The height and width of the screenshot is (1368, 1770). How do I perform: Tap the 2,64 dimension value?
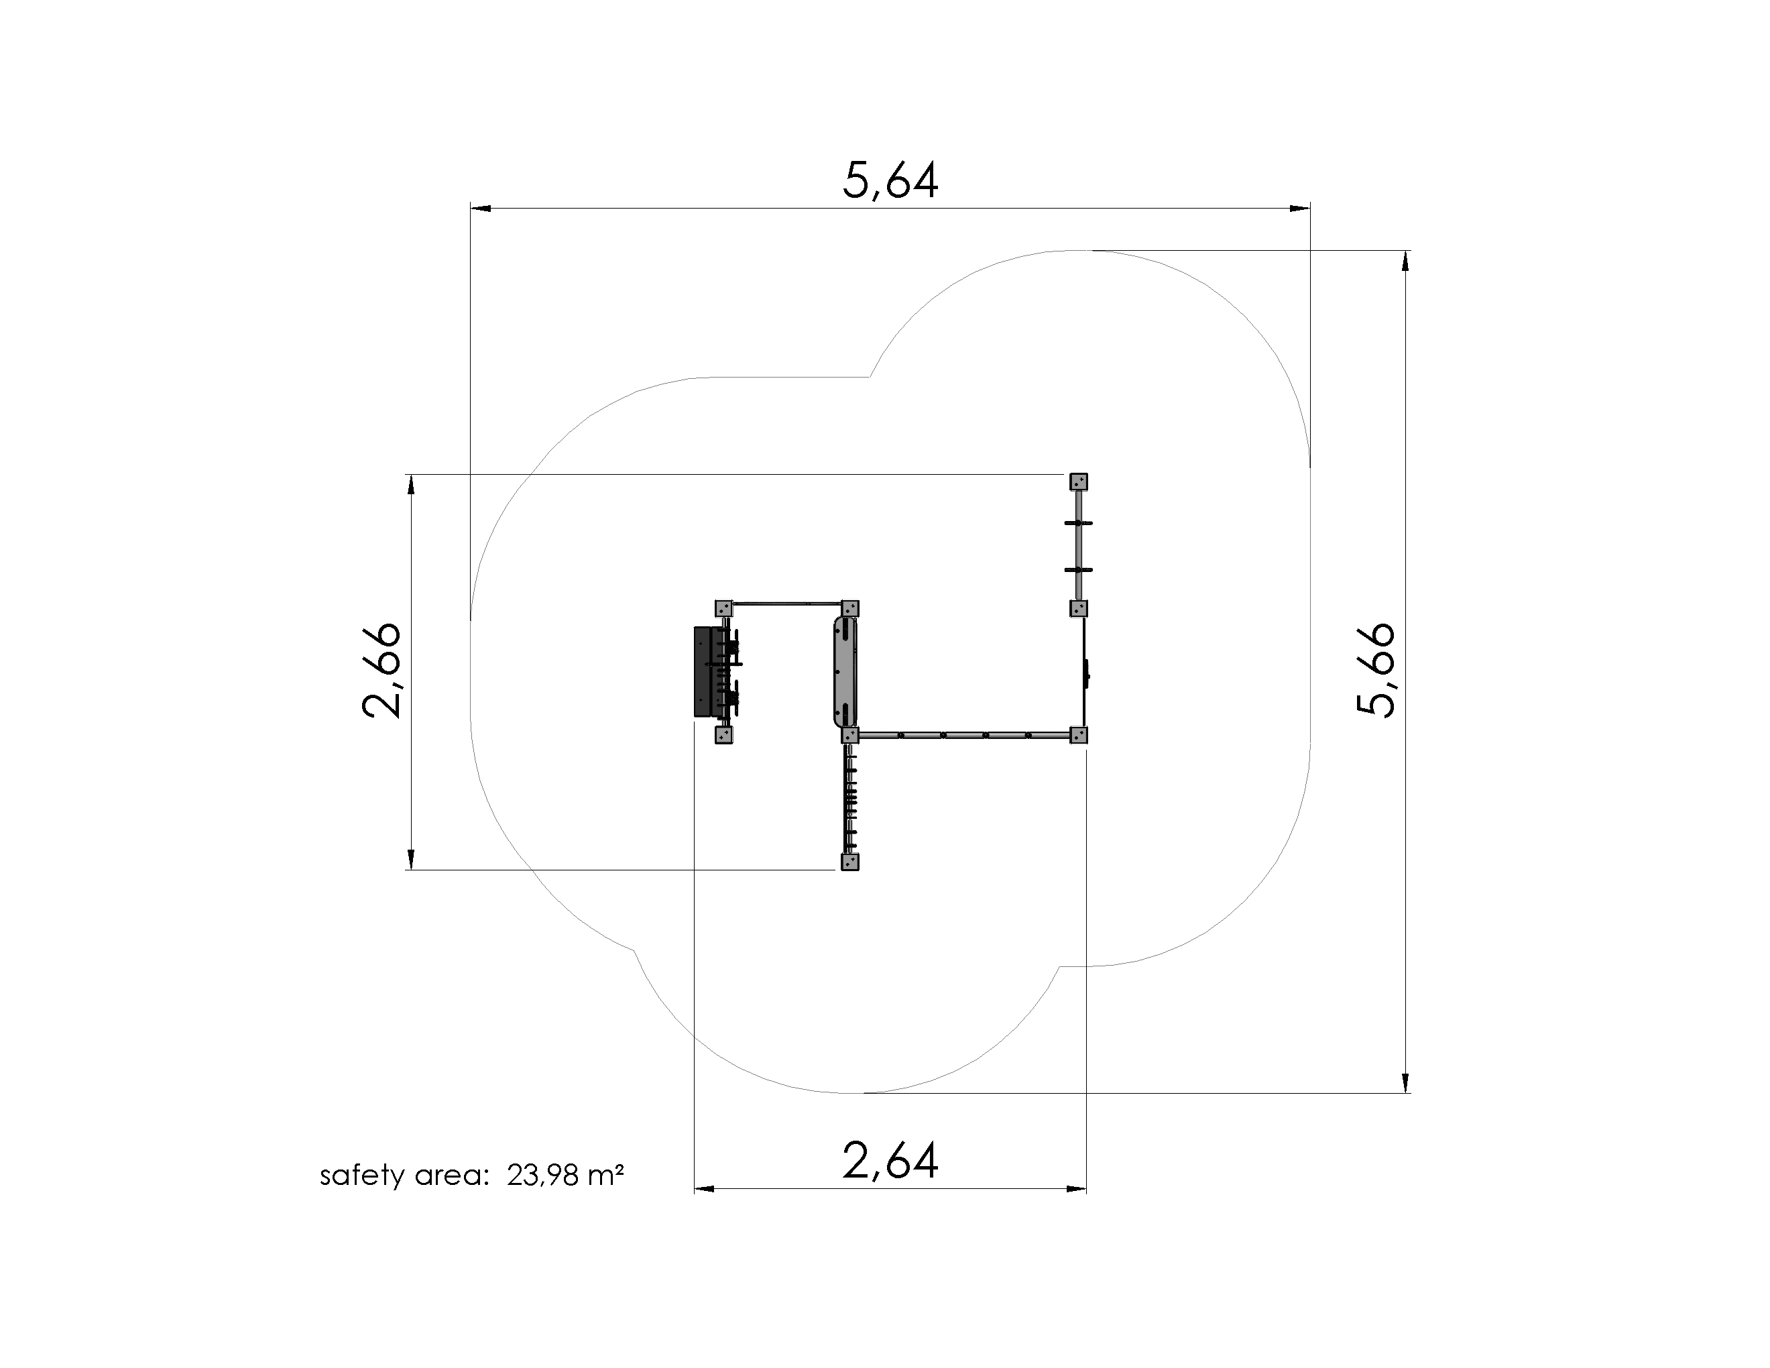pyautogui.click(x=890, y=1161)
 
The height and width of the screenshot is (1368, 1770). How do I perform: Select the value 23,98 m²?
pyautogui.click(x=566, y=1175)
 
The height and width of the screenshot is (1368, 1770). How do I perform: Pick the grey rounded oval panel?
pyautogui.click(x=843, y=672)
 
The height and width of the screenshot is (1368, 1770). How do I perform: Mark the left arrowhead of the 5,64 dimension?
pyautogui.click(x=481, y=209)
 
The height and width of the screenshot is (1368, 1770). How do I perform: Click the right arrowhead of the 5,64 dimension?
pyautogui.click(x=1300, y=209)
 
